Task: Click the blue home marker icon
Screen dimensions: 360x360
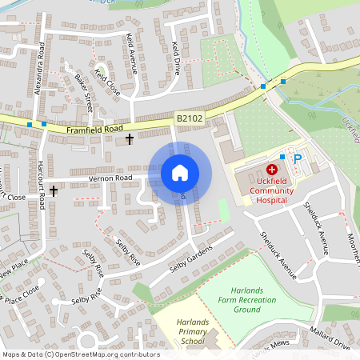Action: (x=180, y=173)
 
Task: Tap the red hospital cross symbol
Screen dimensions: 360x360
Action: (x=271, y=170)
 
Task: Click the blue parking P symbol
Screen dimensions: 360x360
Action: (x=298, y=159)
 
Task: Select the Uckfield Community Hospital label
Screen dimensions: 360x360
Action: (x=271, y=191)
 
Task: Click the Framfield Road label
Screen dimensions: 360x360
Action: (x=94, y=128)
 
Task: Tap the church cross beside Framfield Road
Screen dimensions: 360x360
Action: (x=130, y=139)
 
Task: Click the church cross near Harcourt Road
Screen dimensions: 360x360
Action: (x=54, y=191)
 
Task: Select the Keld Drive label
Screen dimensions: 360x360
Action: (x=176, y=58)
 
